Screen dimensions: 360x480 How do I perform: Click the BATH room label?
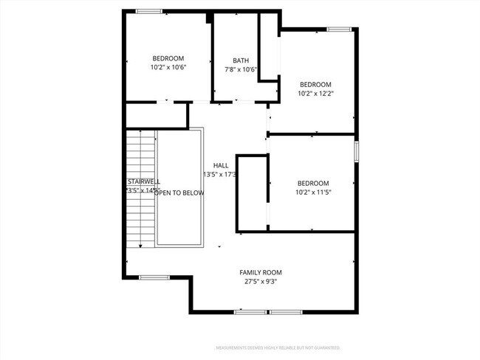coord(241,60)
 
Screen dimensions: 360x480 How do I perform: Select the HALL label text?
coord(221,165)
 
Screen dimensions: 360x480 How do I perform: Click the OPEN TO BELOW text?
coord(179,192)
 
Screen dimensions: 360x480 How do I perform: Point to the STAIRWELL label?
coord(143,181)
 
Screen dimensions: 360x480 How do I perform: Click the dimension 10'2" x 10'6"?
coord(168,67)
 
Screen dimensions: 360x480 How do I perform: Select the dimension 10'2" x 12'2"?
coord(315,94)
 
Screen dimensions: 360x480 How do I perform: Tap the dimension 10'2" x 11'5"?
coord(313,193)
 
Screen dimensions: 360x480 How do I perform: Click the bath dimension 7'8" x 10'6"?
coord(241,70)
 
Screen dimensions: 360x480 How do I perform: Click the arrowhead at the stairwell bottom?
coord(140,246)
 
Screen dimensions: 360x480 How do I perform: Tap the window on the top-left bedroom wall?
coord(148,10)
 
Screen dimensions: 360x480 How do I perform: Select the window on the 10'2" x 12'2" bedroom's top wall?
coord(339,30)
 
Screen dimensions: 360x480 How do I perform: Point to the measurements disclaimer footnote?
coord(277,347)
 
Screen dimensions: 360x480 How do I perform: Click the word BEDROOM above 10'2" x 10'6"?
coord(168,58)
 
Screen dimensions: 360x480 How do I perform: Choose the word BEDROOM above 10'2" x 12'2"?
coord(315,84)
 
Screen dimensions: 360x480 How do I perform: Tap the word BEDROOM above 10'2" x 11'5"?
coord(313,183)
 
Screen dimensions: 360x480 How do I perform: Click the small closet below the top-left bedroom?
coord(156,116)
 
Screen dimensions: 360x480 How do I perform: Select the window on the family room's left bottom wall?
coord(154,277)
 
